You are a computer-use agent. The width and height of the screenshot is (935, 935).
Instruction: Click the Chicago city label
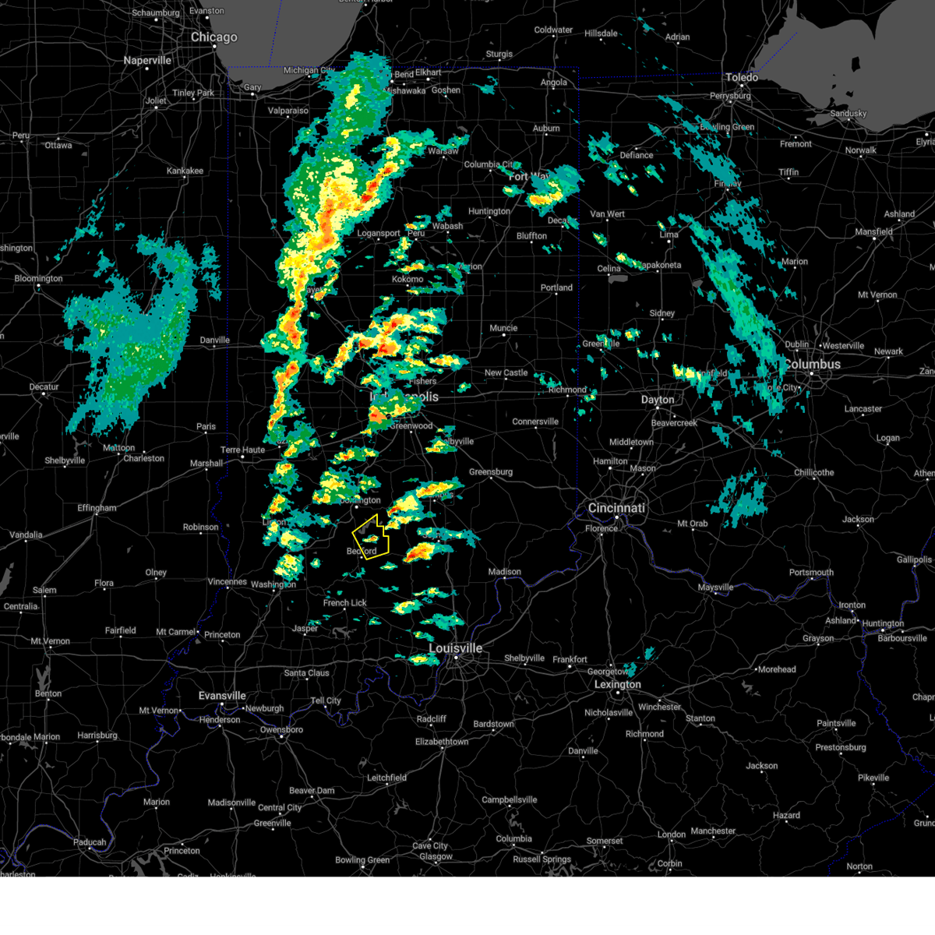[213, 37]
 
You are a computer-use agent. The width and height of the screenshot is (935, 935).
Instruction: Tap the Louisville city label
[456, 648]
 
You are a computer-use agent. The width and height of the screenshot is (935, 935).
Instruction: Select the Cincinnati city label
[616, 508]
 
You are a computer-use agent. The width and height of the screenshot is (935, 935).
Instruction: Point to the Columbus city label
[812, 365]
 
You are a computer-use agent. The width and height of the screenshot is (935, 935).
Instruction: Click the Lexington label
[618, 685]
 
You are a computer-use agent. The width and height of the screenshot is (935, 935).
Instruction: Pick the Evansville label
[222, 696]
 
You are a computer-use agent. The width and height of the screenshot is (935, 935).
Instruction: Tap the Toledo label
[741, 77]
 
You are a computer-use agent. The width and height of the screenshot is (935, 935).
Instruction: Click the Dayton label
[658, 400]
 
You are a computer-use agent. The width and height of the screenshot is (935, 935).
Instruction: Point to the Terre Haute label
[242, 450]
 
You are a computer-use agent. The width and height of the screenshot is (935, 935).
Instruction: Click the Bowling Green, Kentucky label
[362, 860]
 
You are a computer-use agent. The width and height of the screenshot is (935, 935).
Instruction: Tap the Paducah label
[90, 842]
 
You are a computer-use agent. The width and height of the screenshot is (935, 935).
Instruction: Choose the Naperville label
[147, 61]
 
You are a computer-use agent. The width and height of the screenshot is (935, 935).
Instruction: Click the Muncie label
[503, 328]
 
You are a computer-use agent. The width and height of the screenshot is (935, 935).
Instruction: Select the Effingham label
[97, 508]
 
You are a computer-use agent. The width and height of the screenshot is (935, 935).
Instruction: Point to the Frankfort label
[570, 659]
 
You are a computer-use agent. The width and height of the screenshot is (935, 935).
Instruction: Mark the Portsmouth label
[811, 573]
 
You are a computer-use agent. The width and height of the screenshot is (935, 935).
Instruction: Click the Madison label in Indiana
[505, 572]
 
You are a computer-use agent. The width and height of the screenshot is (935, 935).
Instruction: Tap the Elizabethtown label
[442, 742]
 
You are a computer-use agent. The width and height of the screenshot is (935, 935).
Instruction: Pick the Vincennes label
[228, 582]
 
